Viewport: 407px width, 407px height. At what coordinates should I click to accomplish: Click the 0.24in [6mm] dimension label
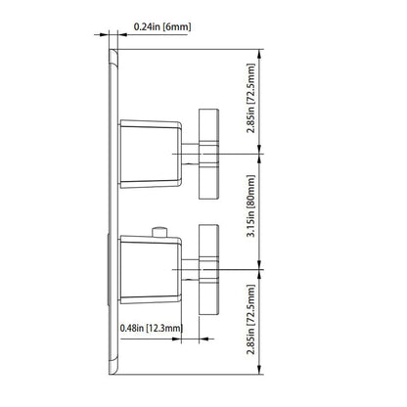(162, 26)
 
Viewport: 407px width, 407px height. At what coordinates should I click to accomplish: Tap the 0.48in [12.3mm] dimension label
(152, 328)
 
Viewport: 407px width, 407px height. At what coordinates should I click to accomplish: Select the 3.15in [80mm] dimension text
(251, 206)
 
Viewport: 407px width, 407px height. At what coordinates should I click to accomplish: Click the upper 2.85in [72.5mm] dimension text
(251, 98)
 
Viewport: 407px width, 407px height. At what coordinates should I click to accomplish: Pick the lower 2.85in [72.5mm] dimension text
(251, 320)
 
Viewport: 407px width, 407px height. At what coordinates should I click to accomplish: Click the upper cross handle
(208, 154)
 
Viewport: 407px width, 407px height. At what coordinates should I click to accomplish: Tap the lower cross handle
(208, 270)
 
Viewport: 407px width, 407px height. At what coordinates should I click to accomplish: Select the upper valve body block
(151, 154)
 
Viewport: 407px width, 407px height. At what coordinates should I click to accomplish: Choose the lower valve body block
(151, 270)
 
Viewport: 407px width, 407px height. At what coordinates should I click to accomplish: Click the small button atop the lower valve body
(159, 232)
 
